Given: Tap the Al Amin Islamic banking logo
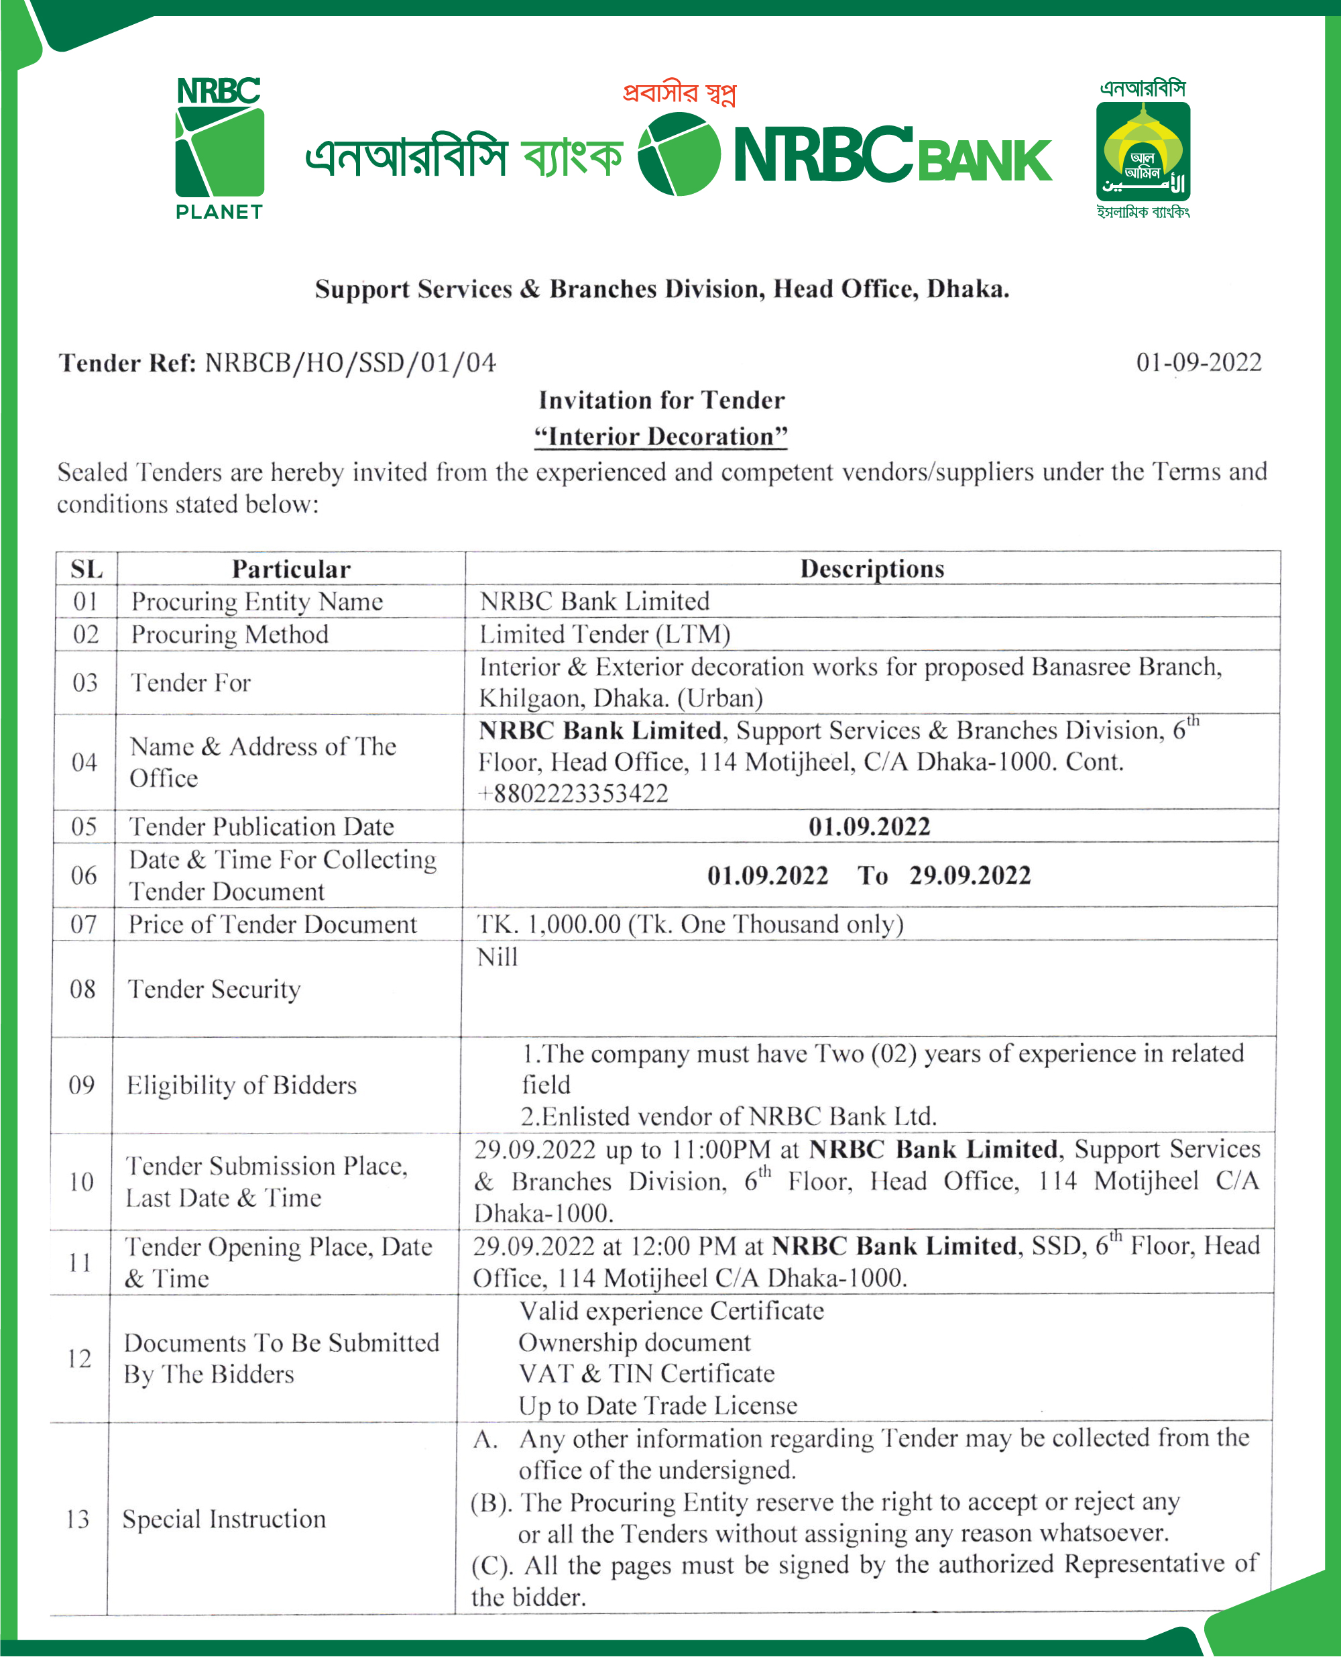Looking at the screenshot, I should coord(1143,150).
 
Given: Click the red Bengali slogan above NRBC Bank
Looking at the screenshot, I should coord(679,93).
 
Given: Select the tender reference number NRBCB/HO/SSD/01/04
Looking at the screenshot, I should coord(350,363).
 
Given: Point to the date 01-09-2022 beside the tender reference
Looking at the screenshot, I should coord(1198,362).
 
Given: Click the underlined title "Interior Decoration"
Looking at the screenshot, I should coord(661,437).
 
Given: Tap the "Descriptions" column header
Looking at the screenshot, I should coord(872,569).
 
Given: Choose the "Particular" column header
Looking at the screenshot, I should coord(291,570).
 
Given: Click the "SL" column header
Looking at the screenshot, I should coord(86,570).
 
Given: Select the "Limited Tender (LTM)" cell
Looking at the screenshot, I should coord(605,635).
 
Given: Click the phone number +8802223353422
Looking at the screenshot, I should coord(574,794).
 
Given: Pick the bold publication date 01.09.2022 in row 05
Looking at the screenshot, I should coord(869,827).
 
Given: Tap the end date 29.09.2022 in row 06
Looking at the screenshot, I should coord(970,875).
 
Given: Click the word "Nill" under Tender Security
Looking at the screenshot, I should coord(498,957).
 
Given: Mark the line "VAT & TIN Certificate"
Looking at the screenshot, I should coord(646,1374).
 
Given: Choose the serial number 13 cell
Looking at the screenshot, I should coord(78,1519).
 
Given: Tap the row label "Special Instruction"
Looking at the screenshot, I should coord(224,1519).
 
